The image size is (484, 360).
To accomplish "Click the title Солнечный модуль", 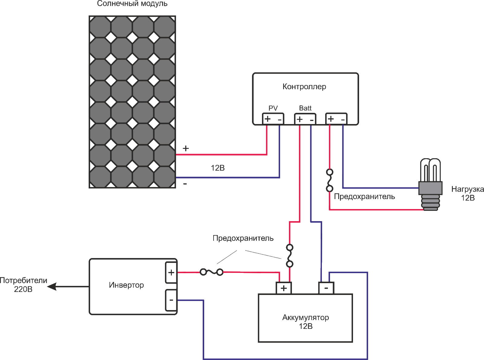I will tap(132, 4).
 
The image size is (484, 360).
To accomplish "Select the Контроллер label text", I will tap(304, 87).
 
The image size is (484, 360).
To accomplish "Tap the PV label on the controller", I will tap(273, 108).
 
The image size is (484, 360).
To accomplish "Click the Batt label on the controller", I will tap(305, 108).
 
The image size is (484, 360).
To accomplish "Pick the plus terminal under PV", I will tap(267, 119).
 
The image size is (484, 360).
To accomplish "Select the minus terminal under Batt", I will tap(312, 120).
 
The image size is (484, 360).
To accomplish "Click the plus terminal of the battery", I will tap(284, 288).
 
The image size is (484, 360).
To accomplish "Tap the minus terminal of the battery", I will tap(326, 288).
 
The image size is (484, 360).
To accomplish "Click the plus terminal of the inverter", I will tap(171, 273).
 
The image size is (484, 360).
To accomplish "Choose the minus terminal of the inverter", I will tap(171, 300).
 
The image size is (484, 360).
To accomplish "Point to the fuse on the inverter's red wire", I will tap(212, 272).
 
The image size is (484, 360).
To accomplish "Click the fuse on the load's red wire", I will tap(330, 181).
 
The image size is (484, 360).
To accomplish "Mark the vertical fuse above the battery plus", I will tap(290, 256).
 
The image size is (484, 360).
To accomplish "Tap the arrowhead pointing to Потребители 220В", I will tap(52, 286).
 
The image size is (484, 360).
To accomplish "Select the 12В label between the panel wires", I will tap(218, 168).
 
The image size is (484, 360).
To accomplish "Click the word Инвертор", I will tap(126, 285).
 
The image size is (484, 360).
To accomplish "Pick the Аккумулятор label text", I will tap(306, 318).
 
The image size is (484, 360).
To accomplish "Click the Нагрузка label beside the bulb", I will tap(467, 190).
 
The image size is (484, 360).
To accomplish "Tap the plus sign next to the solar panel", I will tap(186, 148).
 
